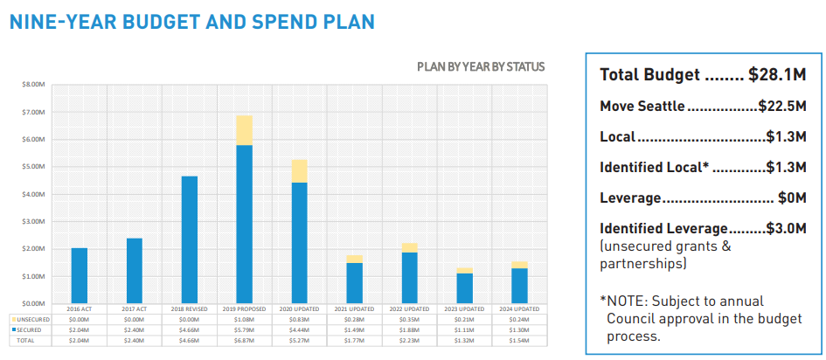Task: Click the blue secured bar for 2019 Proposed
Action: pos(244,223)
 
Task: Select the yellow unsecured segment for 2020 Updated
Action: pos(299,171)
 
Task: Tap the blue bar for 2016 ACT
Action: pos(80,274)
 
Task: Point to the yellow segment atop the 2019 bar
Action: pos(244,130)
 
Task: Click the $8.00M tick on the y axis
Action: pos(35,85)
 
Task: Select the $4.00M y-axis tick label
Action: pos(35,194)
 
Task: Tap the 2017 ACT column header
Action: pos(134,309)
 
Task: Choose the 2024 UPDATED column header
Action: pos(519,309)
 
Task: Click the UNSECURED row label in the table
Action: pos(31,320)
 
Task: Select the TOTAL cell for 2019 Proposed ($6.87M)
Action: pos(244,340)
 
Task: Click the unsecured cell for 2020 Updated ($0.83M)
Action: pos(299,320)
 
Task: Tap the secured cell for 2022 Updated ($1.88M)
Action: pos(409,329)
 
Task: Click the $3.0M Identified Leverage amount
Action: pos(786,228)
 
